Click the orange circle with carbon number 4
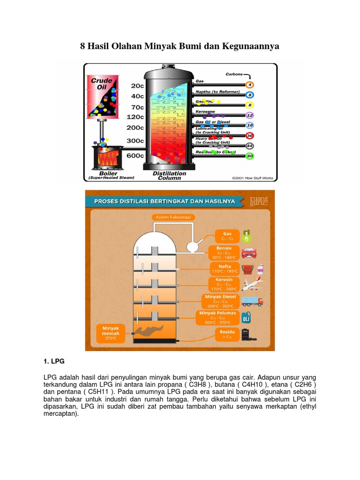(250, 85)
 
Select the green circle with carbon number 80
(250, 156)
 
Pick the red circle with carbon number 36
(250, 135)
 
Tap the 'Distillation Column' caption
(169, 176)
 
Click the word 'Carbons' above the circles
(234, 74)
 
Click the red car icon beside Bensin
(249, 253)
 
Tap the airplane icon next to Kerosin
(252, 284)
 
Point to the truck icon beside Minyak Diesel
(252, 301)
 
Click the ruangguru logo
(259, 201)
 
